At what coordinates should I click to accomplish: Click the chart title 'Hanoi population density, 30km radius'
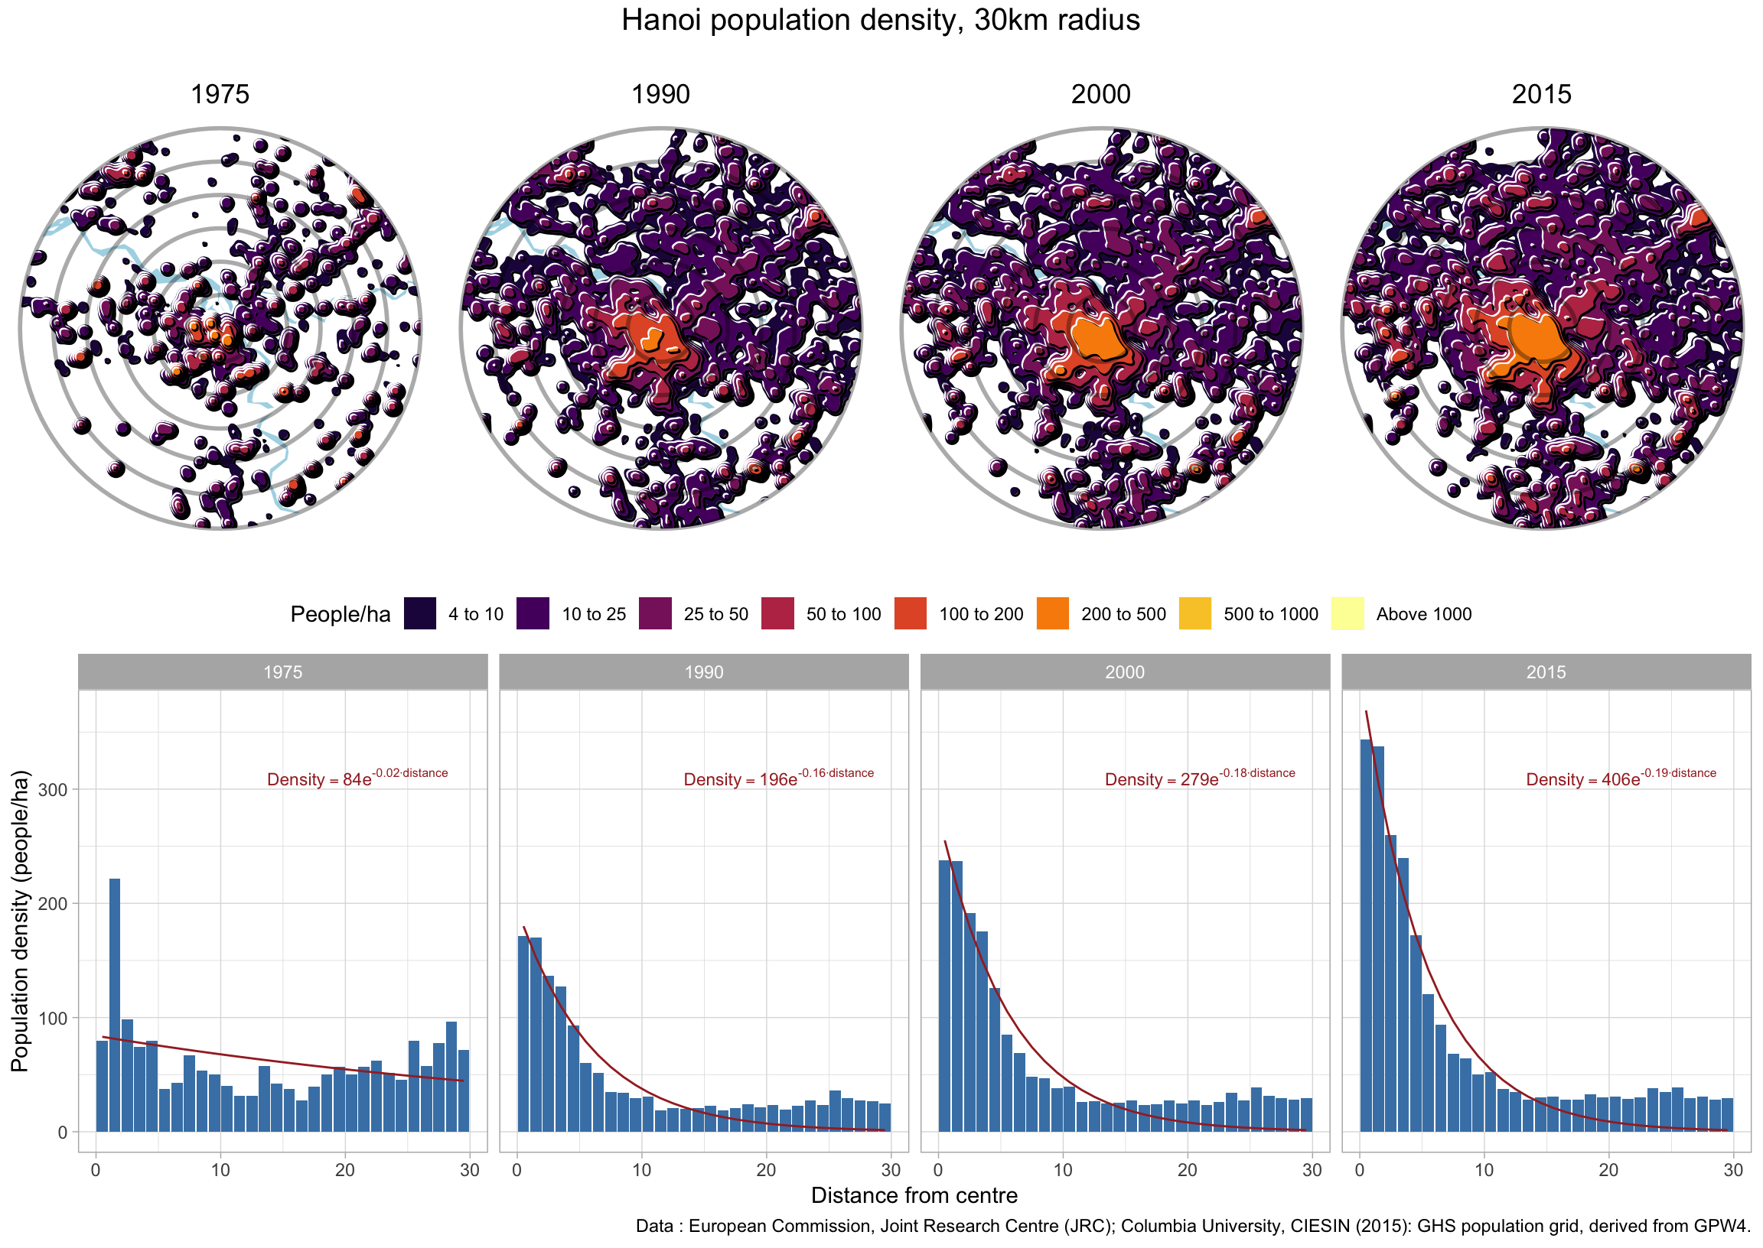(880, 21)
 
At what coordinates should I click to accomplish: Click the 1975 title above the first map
(220, 95)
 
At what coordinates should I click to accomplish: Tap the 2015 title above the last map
(1541, 95)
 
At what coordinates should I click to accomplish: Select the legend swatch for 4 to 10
(420, 614)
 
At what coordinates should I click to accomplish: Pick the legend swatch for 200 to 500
(1052, 614)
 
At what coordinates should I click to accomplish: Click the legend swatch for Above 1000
(1347, 614)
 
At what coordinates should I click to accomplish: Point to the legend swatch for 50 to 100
(777, 614)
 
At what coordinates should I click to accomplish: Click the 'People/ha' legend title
(340, 615)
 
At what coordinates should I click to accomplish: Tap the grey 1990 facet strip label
(703, 672)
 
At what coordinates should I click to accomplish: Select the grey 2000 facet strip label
(1124, 672)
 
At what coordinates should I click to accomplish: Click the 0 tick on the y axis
(62, 1133)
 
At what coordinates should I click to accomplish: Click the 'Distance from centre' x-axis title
(914, 1196)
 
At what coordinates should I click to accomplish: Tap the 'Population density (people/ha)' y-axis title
(20, 921)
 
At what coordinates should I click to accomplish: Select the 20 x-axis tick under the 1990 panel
(766, 1171)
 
